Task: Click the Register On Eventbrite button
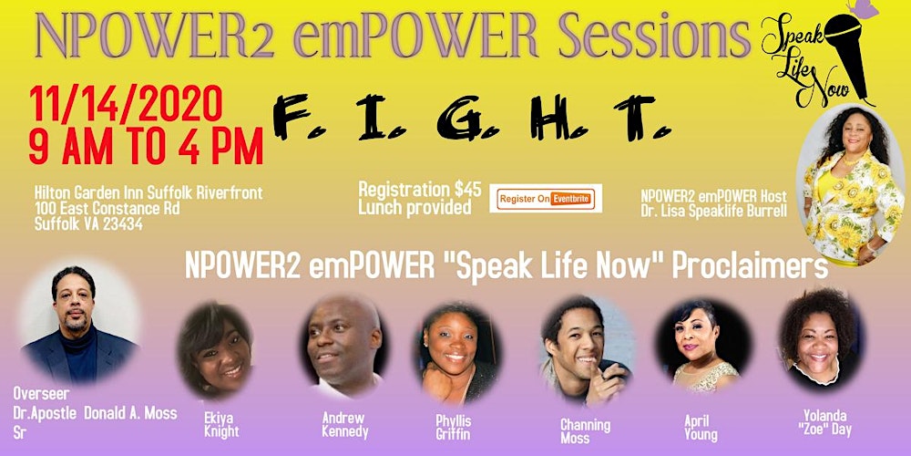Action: [546, 198]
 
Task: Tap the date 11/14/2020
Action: [127, 107]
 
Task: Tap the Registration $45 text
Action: [420, 190]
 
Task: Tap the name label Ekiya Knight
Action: [221, 425]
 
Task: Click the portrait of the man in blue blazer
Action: [79, 324]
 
